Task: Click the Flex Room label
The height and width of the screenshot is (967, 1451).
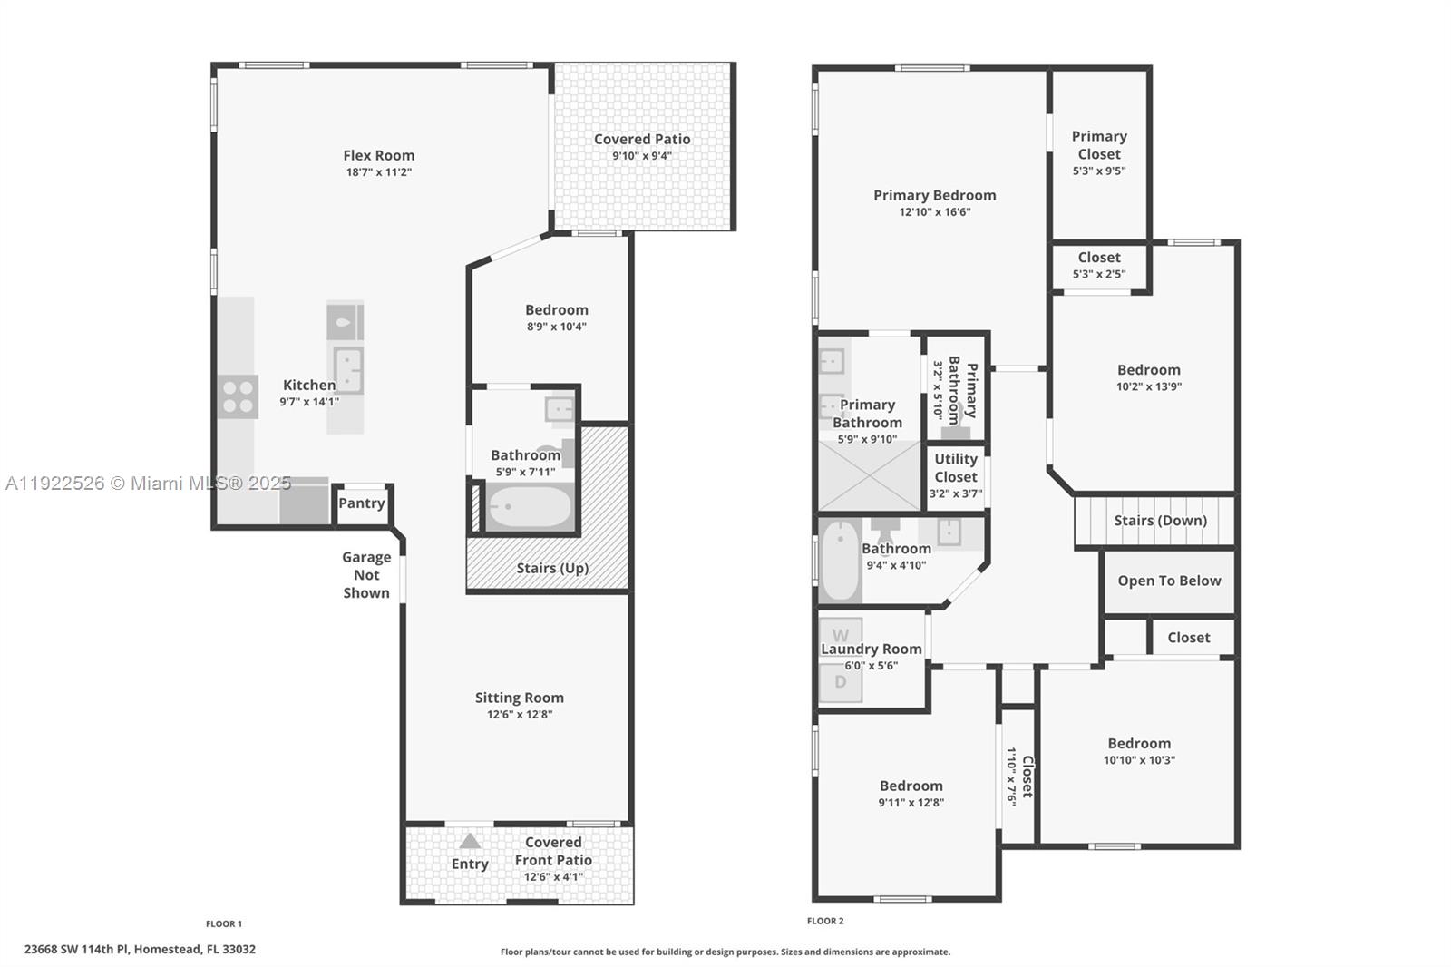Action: pyautogui.click(x=378, y=155)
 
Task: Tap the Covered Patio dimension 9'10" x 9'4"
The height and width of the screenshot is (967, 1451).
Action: pyautogui.click(x=641, y=156)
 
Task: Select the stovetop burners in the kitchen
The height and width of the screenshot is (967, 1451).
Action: pyautogui.click(x=238, y=396)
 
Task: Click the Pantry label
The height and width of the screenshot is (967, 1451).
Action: pyautogui.click(x=361, y=503)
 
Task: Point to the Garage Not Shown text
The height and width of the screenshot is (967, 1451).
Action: pyautogui.click(x=366, y=575)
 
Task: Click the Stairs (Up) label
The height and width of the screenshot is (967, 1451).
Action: pyautogui.click(x=552, y=568)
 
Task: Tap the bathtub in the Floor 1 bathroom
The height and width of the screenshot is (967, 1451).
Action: pyautogui.click(x=530, y=507)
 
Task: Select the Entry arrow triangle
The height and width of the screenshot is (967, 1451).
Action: pyautogui.click(x=470, y=841)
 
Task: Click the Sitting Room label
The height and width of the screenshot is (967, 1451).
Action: pyautogui.click(x=519, y=698)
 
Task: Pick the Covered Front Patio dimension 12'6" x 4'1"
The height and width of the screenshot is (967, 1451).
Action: pyautogui.click(x=553, y=877)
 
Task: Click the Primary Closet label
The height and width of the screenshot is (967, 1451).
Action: pyautogui.click(x=1099, y=145)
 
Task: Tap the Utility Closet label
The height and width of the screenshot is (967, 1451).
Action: pyautogui.click(x=956, y=468)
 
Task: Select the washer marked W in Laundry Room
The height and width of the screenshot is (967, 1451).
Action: pyautogui.click(x=841, y=634)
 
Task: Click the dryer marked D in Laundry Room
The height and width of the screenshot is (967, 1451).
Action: pyautogui.click(x=841, y=682)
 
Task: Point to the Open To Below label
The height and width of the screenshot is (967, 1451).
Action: pyautogui.click(x=1169, y=581)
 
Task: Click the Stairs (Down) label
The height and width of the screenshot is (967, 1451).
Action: pyautogui.click(x=1160, y=521)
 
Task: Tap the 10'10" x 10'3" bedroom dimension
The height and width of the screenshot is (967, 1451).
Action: pyautogui.click(x=1139, y=761)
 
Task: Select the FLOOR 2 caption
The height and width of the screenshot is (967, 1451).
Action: pyautogui.click(x=825, y=921)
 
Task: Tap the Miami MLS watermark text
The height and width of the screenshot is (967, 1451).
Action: pyautogui.click(x=148, y=483)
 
